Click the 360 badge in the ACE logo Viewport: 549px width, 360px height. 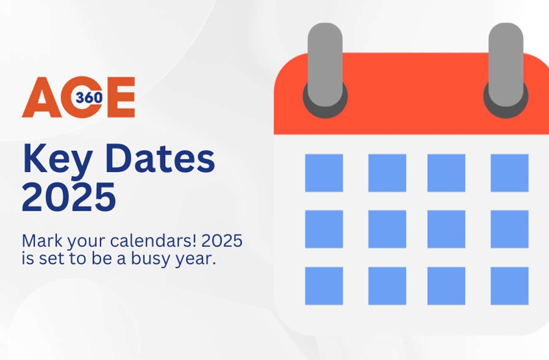pyautogui.click(x=90, y=98)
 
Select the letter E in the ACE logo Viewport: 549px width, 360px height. pyautogui.click(x=121, y=97)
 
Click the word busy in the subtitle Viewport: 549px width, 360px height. pyautogui.click(x=146, y=259)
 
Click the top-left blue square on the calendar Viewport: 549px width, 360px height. pyautogui.click(x=324, y=173)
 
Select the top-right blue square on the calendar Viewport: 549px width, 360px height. pyautogui.click(x=509, y=173)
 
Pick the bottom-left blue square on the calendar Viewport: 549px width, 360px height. pyautogui.click(x=324, y=286)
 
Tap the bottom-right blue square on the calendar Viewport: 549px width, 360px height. pyautogui.click(x=509, y=286)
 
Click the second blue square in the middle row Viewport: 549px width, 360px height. pyautogui.click(x=387, y=229)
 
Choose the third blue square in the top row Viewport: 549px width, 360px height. pyautogui.click(x=446, y=173)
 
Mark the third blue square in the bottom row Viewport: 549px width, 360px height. pyautogui.click(x=446, y=286)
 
